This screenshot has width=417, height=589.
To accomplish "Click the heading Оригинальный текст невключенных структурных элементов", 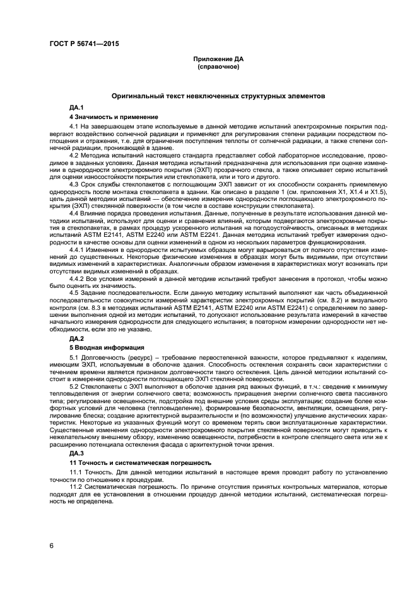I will [218, 97].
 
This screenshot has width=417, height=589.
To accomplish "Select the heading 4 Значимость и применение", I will [104, 117].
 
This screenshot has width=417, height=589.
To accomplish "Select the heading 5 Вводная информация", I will [100, 347].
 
